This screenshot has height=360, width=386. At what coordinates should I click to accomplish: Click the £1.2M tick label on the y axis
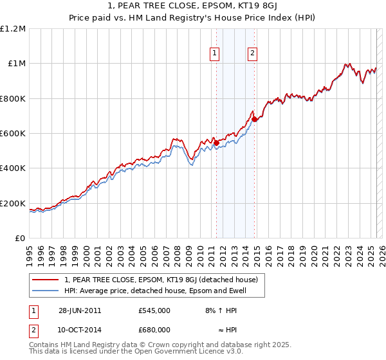tap(14, 29)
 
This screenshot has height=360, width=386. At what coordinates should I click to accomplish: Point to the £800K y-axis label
tap(13, 98)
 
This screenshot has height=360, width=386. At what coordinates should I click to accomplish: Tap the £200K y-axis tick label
tap(13, 203)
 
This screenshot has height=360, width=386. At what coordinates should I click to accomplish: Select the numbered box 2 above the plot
tap(252, 53)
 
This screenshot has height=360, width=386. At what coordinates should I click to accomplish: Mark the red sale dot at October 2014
tap(254, 120)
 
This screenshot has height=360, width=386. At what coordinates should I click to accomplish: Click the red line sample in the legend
tap(46, 280)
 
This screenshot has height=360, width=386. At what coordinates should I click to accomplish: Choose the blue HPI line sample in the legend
tap(46, 291)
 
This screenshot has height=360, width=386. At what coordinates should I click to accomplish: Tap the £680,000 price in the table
tap(154, 329)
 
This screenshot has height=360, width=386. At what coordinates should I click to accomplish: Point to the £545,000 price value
tap(154, 310)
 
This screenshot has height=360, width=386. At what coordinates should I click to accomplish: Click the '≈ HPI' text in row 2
tap(223, 329)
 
